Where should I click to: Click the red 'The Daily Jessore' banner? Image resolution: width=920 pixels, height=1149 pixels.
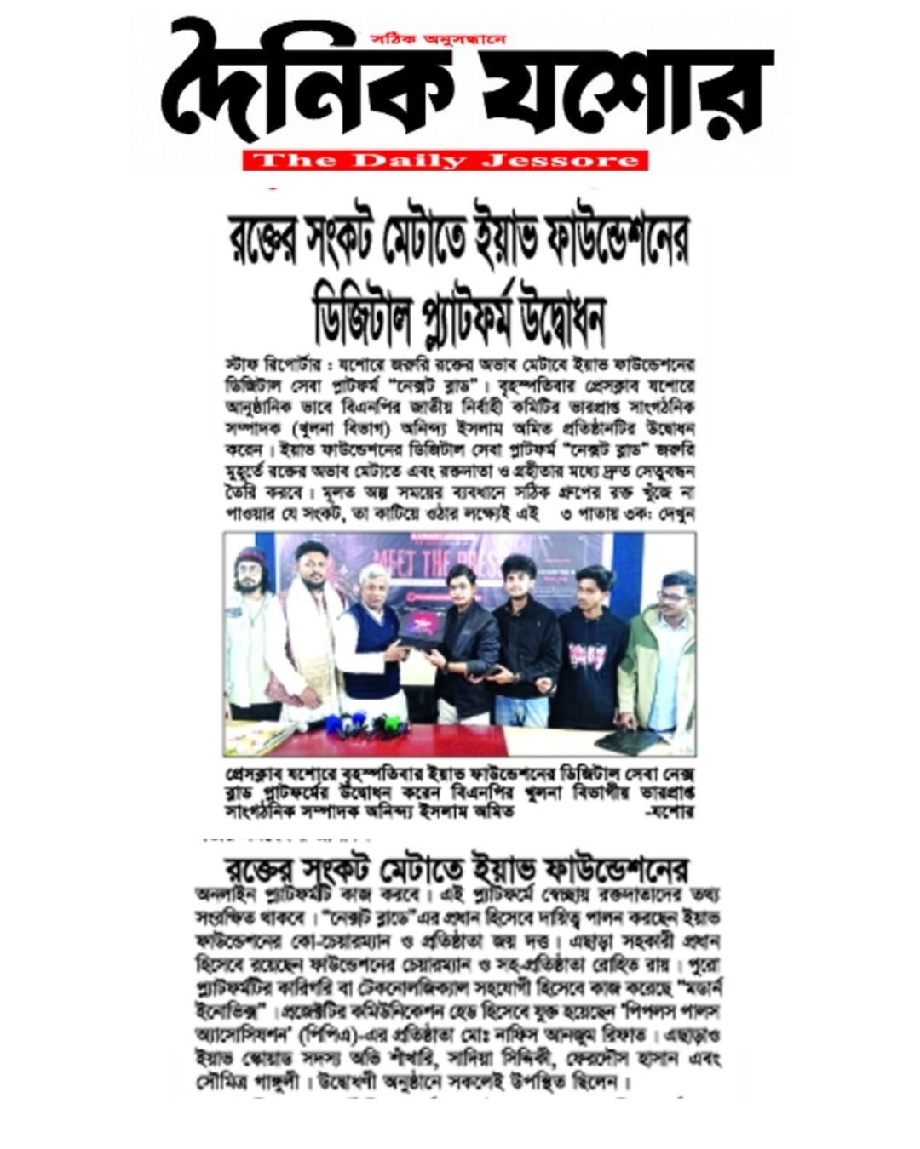(x=445, y=160)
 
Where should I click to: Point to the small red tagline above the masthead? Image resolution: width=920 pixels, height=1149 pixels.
(x=439, y=39)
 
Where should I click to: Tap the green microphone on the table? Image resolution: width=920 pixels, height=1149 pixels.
(x=389, y=726)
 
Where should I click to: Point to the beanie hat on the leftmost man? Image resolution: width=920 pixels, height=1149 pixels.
(x=250, y=557)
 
